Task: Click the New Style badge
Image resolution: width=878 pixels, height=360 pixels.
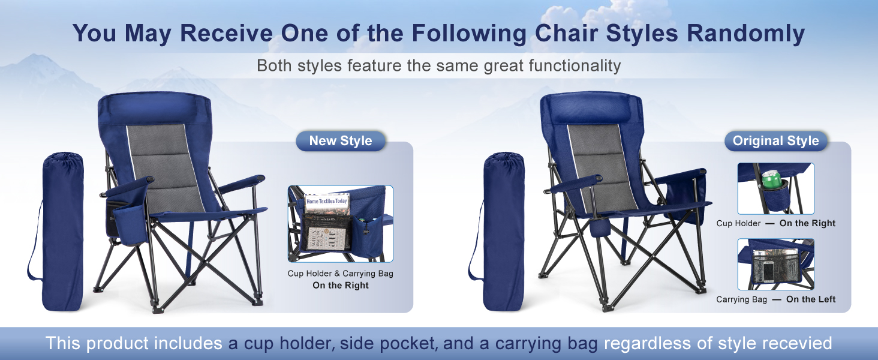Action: [341, 141]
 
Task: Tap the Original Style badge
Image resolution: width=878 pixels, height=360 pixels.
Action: [775, 141]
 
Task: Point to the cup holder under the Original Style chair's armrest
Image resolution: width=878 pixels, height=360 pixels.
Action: [600, 228]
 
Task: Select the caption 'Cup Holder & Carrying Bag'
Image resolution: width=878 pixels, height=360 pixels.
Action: [340, 274]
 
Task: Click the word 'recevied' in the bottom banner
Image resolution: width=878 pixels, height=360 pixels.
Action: [793, 343]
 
